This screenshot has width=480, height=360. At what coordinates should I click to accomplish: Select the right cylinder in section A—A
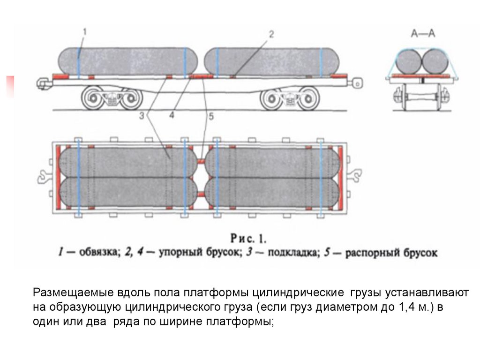click(434, 61)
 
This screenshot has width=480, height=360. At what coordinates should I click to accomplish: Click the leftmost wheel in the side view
click(93, 99)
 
